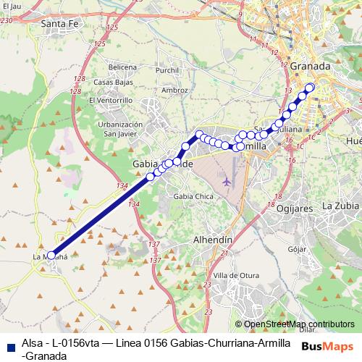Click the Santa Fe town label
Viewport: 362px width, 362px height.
tap(60, 24)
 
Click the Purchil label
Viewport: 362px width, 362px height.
tap(167, 70)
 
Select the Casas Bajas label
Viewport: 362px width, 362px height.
tap(111, 82)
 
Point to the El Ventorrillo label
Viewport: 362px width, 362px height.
tap(111, 99)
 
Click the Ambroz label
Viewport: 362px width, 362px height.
tap(175, 90)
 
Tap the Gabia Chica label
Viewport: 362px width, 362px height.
tap(193, 195)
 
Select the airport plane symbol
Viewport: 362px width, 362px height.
tap(230, 180)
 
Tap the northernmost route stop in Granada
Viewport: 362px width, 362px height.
tap(311, 88)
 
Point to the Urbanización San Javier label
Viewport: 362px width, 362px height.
tap(122, 128)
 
